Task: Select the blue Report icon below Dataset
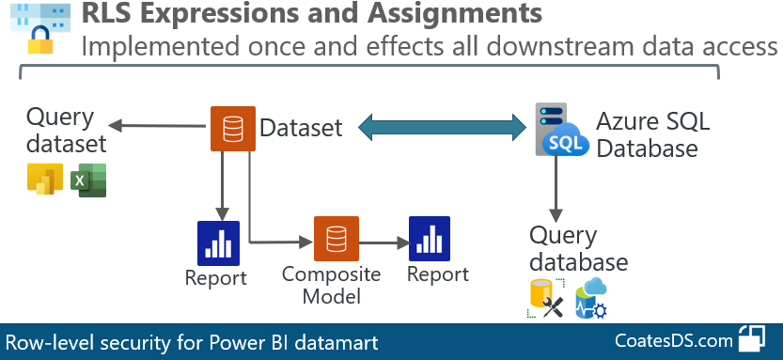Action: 218,243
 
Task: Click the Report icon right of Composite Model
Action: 430,239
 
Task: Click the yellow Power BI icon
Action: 45,180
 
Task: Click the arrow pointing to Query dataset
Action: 156,125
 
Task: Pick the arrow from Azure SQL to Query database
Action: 556,193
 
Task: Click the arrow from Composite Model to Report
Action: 381,241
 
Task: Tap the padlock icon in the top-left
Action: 40,40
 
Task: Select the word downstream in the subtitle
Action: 523,46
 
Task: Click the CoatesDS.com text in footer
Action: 673,341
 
